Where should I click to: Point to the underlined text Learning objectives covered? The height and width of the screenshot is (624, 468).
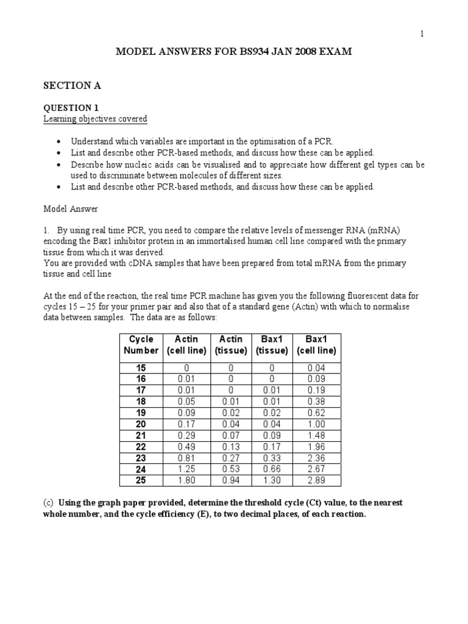pyautogui.click(x=94, y=118)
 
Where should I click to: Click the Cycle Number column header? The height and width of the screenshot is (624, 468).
pyautogui.click(x=141, y=345)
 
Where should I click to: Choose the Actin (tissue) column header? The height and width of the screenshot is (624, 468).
pyautogui.click(x=231, y=345)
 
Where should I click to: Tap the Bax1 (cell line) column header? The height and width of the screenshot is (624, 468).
pyautogui.click(x=316, y=345)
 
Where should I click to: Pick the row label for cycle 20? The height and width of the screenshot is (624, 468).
pyautogui.click(x=141, y=424)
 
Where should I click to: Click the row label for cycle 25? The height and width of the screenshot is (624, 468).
pyautogui.click(x=141, y=481)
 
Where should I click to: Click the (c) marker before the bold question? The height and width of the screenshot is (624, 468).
pyautogui.click(x=48, y=503)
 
